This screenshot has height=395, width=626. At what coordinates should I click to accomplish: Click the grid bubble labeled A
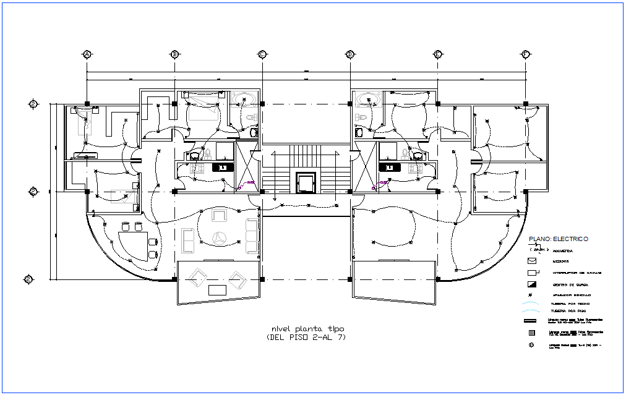[x=87, y=54]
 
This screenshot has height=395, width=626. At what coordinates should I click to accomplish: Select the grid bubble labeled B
[x=175, y=54]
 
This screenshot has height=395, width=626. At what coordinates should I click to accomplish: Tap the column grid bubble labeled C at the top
[x=262, y=54]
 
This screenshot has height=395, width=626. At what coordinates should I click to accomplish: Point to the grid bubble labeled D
[x=350, y=54]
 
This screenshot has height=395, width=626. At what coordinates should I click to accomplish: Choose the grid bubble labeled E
[x=437, y=54]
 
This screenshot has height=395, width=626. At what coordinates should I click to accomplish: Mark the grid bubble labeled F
[x=525, y=54]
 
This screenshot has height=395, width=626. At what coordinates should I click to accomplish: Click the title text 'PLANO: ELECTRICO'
[x=557, y=239]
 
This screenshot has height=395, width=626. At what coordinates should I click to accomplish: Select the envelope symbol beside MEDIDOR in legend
[x=532, y=261]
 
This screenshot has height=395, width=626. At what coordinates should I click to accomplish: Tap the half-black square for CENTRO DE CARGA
[x=532, y=284]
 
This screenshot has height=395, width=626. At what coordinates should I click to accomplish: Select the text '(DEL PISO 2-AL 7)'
[x=306, y=338]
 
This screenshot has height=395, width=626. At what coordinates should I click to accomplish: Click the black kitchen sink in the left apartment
[x=221, y=167]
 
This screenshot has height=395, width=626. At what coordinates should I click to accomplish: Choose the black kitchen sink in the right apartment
[x=389, y=167]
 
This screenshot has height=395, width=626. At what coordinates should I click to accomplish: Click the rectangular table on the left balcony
[x=217, y=290]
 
